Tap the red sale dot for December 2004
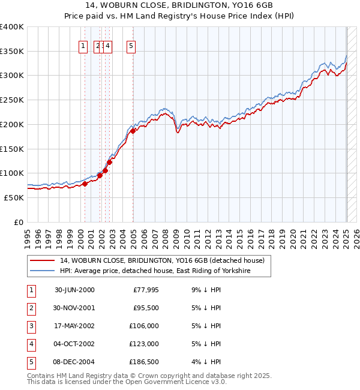(x=133, y=131)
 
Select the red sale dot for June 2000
(x=85, y=184)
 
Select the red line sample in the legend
(x=42, y=260)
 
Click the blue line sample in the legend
(x=42, y=271)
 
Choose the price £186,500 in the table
(x=144, y=362)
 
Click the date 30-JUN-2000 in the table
(x=74, y=290)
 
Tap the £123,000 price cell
(x=144, y=344)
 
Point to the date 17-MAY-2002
(x=74, y=326)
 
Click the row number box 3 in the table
(x=31, y=326)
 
